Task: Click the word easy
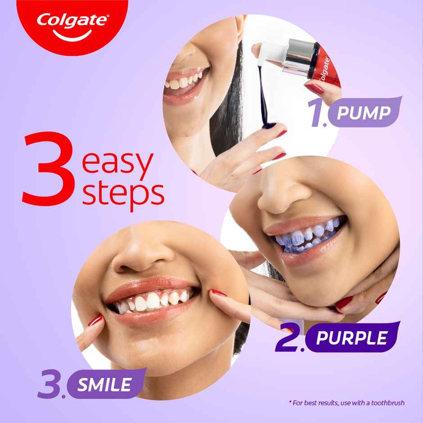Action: click(x=117, y=164)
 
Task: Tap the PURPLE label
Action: click(x=351, y=337)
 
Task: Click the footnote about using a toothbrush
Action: click(x=346, y=403)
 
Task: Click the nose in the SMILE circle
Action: click(x=144, y=259)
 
